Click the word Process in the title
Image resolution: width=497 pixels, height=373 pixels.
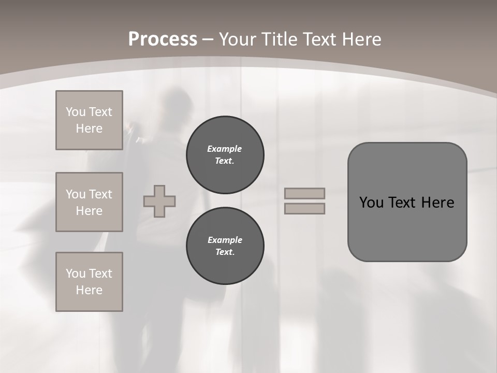163,39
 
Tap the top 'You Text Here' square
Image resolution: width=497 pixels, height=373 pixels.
89,120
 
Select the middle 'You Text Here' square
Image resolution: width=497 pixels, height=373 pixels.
89,202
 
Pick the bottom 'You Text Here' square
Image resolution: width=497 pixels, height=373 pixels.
89,282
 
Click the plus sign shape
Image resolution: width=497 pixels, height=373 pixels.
159,201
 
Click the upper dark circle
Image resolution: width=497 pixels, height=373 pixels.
225,155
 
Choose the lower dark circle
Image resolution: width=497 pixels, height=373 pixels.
225,246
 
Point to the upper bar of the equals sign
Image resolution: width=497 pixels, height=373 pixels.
304,193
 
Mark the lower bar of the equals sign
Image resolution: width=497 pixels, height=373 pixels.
304,208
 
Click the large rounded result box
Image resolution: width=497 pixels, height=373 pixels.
407,228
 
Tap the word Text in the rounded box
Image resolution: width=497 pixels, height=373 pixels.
402,203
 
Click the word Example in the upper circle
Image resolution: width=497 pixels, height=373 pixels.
224,149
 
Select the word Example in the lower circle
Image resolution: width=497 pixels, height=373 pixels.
225,240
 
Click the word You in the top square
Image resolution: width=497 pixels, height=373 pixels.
75,112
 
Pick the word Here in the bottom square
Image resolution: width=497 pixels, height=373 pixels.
89,290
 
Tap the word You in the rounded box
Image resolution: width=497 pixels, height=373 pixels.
371,203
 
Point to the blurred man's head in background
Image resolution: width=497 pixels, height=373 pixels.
174,104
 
